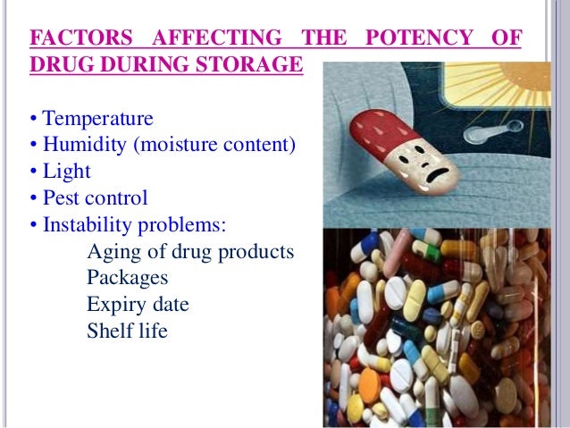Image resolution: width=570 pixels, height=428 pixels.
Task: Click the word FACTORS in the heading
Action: coord(79,40)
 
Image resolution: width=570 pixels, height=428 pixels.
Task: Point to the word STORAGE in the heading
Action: coord(251,65)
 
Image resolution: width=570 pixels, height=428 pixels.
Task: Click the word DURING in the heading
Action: coord(150,65)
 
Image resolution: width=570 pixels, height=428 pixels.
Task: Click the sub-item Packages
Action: coord(128,278)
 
